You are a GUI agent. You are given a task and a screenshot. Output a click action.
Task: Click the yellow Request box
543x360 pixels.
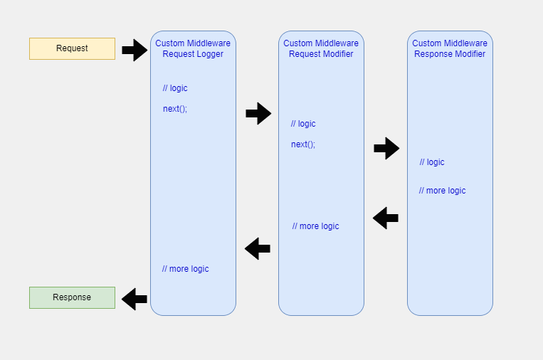tap(72, 48)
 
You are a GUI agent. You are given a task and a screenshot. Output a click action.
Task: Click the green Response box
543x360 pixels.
tap(72, 297)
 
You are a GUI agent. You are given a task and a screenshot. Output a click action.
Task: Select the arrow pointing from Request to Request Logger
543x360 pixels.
tap(134, 50)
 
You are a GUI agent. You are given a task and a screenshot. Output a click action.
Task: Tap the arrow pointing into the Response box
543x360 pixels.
tap(134, 299)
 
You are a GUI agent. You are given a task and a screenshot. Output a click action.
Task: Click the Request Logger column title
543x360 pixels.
tap(193, 48)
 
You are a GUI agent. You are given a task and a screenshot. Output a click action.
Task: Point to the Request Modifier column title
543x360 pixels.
tap(321, 48)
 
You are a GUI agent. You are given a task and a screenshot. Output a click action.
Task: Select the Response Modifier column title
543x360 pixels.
tap(450, 48)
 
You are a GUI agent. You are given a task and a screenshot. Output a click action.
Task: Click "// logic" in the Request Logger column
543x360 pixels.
tap(175, 88)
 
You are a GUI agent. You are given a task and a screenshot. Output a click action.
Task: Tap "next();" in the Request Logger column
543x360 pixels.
tap(175, 109)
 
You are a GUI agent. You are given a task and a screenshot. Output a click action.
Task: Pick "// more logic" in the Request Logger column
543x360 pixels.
tap(185, 269)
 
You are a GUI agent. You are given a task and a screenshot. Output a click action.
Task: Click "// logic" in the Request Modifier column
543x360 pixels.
tap(303, 124)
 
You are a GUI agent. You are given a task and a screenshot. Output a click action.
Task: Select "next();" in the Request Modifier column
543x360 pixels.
tap(303, 144)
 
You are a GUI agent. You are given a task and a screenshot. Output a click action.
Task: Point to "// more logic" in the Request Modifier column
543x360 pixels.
tap(315, 226)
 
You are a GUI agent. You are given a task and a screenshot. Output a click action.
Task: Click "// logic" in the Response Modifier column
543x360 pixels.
tap(432, 162)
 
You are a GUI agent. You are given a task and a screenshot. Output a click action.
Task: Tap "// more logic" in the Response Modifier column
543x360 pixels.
tap(442, 191)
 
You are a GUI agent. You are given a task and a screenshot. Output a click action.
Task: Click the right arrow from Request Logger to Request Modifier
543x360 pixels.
tap(258, 113)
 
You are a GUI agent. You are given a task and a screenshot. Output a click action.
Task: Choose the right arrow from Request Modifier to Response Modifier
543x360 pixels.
tap(386, 148)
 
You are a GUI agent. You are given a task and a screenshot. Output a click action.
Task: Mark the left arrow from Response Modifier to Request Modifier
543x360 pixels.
tap(386, 218)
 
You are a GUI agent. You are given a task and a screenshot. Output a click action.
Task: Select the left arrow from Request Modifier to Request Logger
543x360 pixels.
tap(258, 248)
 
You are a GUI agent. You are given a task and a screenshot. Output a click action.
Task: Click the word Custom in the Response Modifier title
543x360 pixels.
tap(426, 43)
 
